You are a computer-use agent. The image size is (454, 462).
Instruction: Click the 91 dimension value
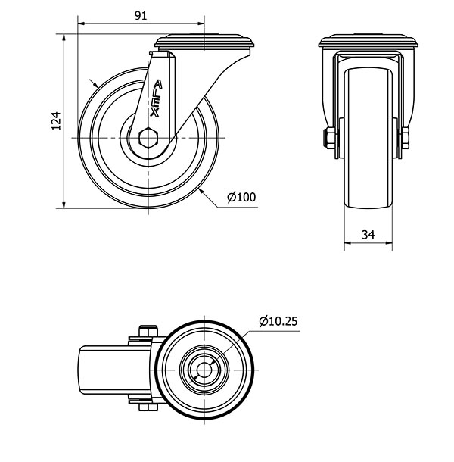[x=141, y=16]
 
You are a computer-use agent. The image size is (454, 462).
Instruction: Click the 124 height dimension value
[x=56, y=121]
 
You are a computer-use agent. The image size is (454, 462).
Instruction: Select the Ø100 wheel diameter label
[x=241, y=197]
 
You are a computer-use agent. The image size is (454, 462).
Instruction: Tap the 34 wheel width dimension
[x=368, y=235]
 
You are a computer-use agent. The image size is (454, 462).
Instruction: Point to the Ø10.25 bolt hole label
[x=278, y=321]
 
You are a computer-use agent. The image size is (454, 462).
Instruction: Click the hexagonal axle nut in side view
[x=148, y=138]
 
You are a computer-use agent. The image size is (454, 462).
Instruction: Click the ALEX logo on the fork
[x=156, y=98]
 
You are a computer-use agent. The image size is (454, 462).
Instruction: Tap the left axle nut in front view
[x=329, y=138]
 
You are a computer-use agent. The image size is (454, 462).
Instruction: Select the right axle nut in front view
[x=405, y=138]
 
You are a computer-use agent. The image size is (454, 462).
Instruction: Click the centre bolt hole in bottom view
[x=204, y=370]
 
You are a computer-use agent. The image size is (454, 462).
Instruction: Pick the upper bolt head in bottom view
[x=148, y=331]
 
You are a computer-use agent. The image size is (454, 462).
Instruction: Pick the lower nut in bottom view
[x=148, y=407]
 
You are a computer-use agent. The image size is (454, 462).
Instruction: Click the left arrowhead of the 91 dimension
[x=81, y=23]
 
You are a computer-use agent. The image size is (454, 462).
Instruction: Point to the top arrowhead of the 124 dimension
[x=64, y=37]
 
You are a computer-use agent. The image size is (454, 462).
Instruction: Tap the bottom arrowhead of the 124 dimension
[x=64, y=204]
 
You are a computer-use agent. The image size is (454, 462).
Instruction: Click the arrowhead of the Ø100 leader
[x=201, y=191]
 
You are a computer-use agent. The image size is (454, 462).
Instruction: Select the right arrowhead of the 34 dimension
[x=389, y=243]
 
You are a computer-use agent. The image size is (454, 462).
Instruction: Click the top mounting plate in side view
[x=205, y=42]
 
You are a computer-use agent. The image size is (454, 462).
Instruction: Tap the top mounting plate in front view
[x=368, y=41]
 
